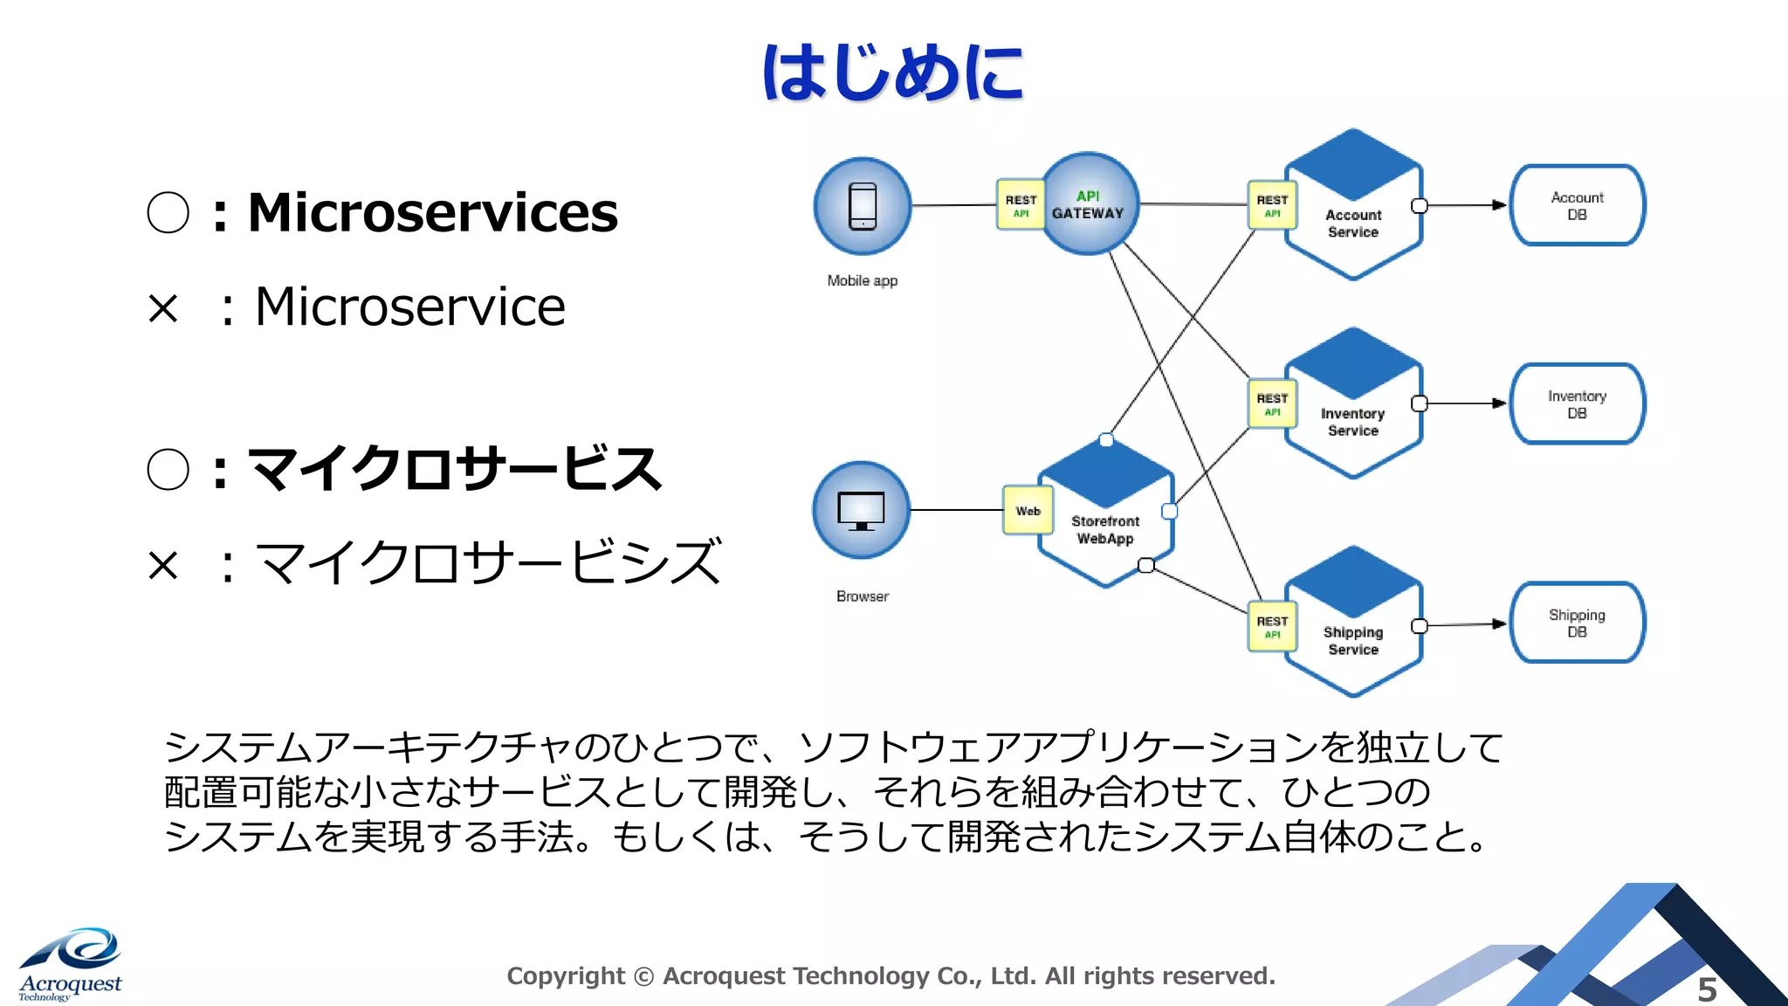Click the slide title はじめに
tap(893, 72)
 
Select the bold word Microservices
tap(432, 212)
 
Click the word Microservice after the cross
tap(410, 307)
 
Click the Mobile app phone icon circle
tap(863, 206)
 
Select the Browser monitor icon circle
tap(861, 510)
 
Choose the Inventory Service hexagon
tap(1353, 406)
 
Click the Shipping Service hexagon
tap(1353, 624)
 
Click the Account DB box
tap(1577, 206)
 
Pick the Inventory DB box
tap(1577, 404)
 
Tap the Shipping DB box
tap(1577, 623)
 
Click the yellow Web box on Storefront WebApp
tap(1028, 511)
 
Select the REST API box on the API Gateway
tap(1021, 205)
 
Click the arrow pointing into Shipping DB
tap(1498, 624)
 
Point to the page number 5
tap(1707, 989)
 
